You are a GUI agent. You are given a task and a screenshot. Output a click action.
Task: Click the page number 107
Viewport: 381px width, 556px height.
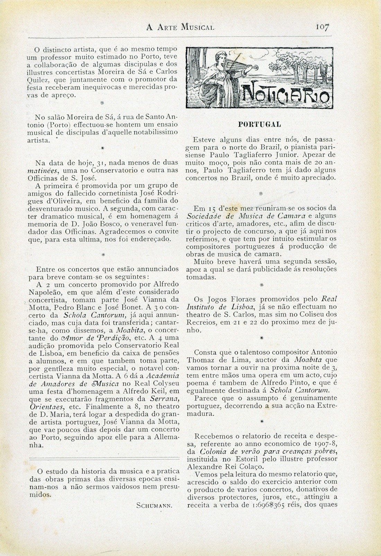coord(322,27)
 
